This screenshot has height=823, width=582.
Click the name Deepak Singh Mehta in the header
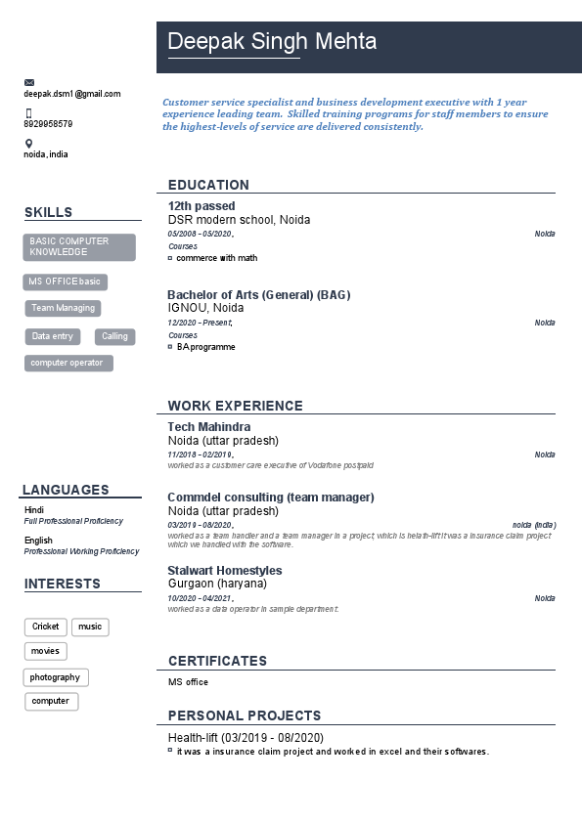coord(272,42)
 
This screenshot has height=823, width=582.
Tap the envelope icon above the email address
coord(29,82)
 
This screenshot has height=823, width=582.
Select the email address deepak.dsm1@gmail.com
coord(72,94)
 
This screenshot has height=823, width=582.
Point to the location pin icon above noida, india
coord(28,144)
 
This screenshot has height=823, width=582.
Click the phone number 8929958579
coord(48,124)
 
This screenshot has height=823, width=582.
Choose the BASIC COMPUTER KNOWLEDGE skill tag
coord(79,247)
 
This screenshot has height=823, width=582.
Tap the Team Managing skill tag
coord(64,308)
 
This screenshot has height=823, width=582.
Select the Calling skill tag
coord(114,336)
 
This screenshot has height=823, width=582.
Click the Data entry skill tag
coord(53,336)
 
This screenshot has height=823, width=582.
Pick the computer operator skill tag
coord(68,364)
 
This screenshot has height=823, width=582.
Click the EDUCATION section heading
coord(208,185)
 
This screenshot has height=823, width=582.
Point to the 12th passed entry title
coord(201,206)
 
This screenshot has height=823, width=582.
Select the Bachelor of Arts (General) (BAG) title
coord(258,294)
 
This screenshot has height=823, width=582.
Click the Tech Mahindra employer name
coord(209,427)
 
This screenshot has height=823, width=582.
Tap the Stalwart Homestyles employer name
coord(225,570)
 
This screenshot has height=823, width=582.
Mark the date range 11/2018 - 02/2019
coord(201,455)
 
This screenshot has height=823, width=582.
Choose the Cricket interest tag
coord(46,627)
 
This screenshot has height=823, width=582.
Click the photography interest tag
coord(56,677)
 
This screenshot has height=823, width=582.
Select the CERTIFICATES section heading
coord(217,661)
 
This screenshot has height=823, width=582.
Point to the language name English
coord(39,541)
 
